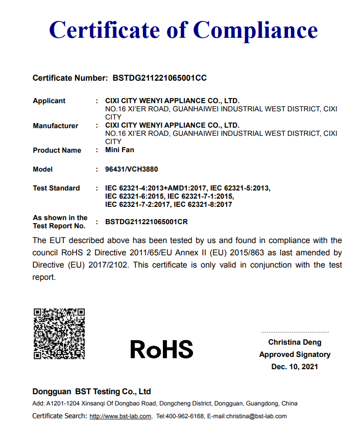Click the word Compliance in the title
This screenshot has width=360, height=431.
click(x=256, y=30)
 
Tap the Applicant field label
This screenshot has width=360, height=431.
click(x=49, y=101)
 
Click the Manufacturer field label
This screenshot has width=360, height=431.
click(x=55, y=126)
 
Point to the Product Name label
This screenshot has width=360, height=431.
click(x=57, y=150)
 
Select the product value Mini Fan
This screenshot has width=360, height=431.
click(x=119, y=150)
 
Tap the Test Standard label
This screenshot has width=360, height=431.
click(x=56, y=188)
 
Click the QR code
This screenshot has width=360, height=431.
click(x=59, y=333)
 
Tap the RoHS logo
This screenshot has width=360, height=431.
click(x=161, y=349)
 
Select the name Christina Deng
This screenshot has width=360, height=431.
click(x=295, y=342)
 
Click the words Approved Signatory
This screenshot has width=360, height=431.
click(x=295, y=354)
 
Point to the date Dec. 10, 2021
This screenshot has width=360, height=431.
click(x=295, y=367)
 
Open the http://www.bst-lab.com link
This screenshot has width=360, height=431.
click(x=121, y=416)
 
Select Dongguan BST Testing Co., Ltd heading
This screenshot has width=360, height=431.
click(x=92, y=392)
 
